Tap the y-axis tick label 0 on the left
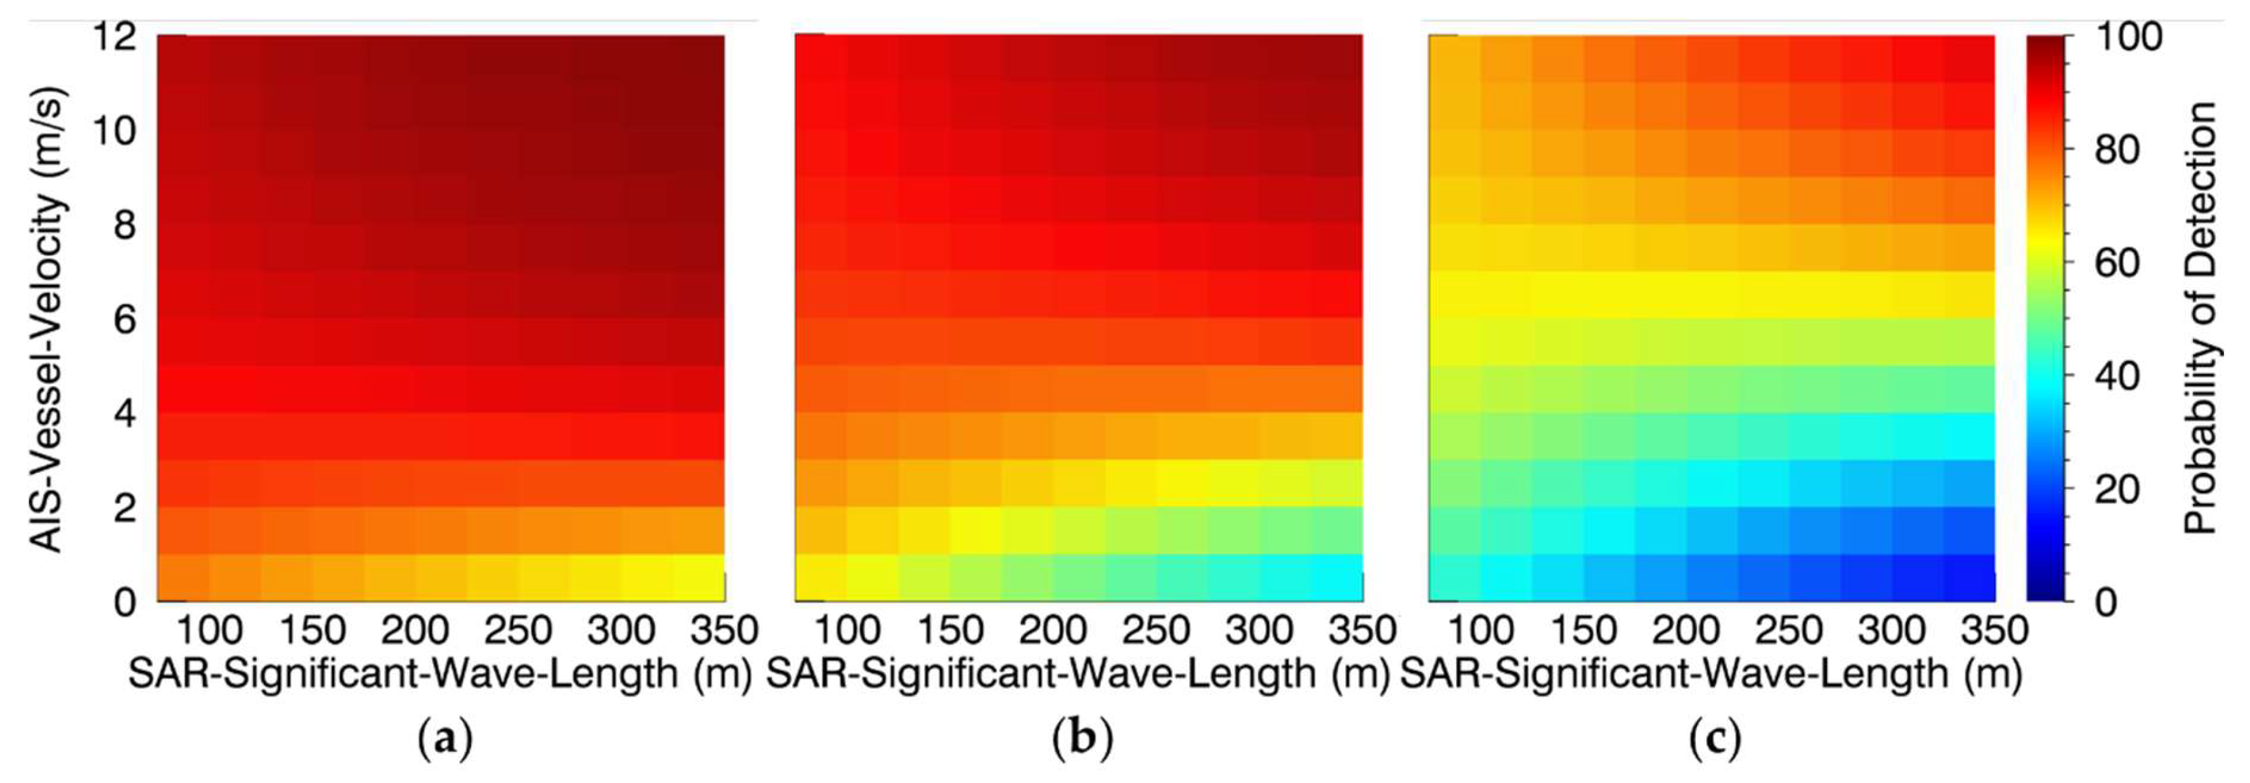125,602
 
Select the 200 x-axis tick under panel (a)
415,630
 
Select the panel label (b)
1083,739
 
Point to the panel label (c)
1715,739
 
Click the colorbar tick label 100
2129,37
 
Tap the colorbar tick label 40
2117,376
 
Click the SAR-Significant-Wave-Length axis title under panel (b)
1077,674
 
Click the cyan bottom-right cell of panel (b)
1336,578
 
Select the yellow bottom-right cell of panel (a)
699,578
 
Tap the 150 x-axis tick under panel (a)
312,630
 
